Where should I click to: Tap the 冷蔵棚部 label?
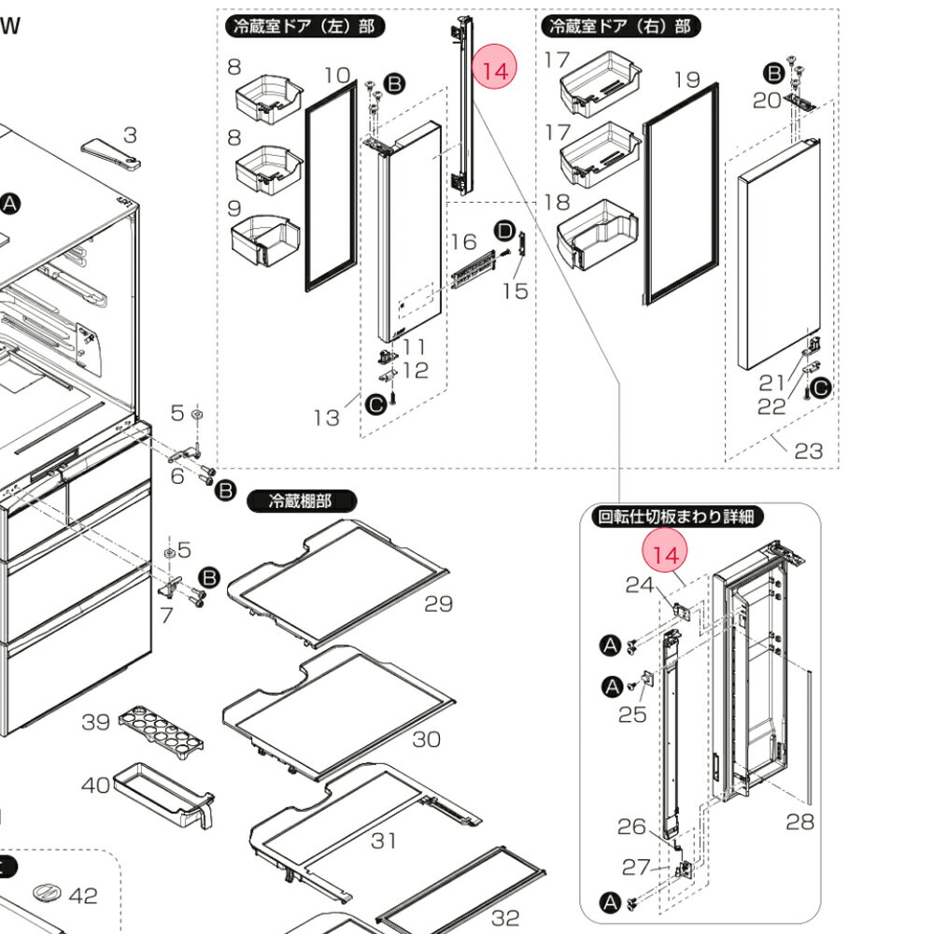click(302, 502)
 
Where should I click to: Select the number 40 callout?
click(95, 785)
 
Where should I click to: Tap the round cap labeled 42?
click(46, 893)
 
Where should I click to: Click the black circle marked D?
click(504, 230)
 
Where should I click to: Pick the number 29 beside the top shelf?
click(438, 604)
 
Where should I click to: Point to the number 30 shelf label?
click(426, 739)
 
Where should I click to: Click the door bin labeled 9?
click(263, 240)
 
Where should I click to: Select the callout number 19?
click(686, 79)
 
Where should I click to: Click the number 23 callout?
click(809, 451)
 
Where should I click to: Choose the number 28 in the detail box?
click(800, 822)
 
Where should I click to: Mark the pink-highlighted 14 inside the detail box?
click(665, 555)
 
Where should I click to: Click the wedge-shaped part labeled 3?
click(111, 152)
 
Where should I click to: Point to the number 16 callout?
click(463, 243)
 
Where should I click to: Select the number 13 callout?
click(326, 417)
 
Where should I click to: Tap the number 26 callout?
click(631, 827)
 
